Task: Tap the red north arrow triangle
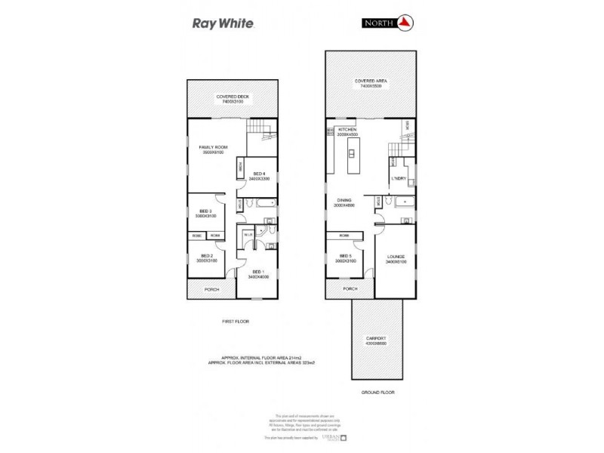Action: click(x=404, y=23)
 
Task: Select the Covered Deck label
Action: click(x=233, y=97)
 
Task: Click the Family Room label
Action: click(x=213, y=147)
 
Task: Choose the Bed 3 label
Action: click(x=205, y=211)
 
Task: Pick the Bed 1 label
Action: click(x=257, y=271)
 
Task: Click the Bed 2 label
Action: click(x=205, y=257)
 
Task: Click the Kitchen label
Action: click(x=347, y=130)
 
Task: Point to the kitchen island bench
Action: click(x=351, y=154)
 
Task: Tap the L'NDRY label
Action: click(x=399, y=178)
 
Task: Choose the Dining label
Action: click(x=344, y=200)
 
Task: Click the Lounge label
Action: click(x=396, y=257)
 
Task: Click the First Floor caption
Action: click(x=235, y=322)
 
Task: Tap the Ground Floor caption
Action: click(x=377, y=393)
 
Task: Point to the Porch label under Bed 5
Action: click(x=350, y=288)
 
